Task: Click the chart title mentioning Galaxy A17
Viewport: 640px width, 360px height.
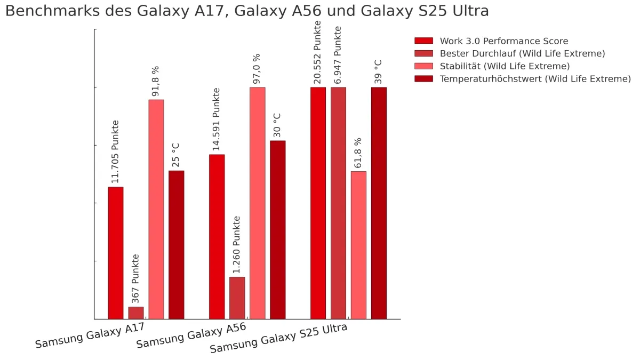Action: click(246, 11)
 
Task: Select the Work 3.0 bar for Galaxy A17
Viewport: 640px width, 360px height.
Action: click(116, 253)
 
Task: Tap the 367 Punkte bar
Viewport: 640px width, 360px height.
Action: click(136, 313)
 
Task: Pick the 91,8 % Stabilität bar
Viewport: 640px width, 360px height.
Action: click(156, 209)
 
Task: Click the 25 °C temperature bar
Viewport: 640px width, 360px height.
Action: click(177, 245)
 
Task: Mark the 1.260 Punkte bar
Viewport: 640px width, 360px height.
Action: click(237, 298)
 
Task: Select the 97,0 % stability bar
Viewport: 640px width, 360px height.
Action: click(258, 203)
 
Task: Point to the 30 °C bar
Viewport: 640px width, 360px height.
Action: click(278, 230)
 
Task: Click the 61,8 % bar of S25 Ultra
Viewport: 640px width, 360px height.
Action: click(358, 245)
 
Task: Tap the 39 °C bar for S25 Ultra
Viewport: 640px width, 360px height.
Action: click(379, 203)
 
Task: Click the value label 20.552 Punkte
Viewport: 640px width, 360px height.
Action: click(318, 52)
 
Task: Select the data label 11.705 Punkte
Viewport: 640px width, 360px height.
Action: click(115, 151)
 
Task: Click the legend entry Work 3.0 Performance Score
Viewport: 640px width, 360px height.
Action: click(503, 41)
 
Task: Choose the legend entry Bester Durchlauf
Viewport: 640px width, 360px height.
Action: click(522, 53)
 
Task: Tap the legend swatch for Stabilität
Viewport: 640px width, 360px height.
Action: click(423, 66)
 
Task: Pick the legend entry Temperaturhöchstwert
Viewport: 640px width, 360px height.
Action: click(535, 79)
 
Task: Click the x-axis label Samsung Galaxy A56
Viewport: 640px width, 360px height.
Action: click(191, 335)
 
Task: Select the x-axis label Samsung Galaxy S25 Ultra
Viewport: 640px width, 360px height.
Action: click(279, 338)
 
